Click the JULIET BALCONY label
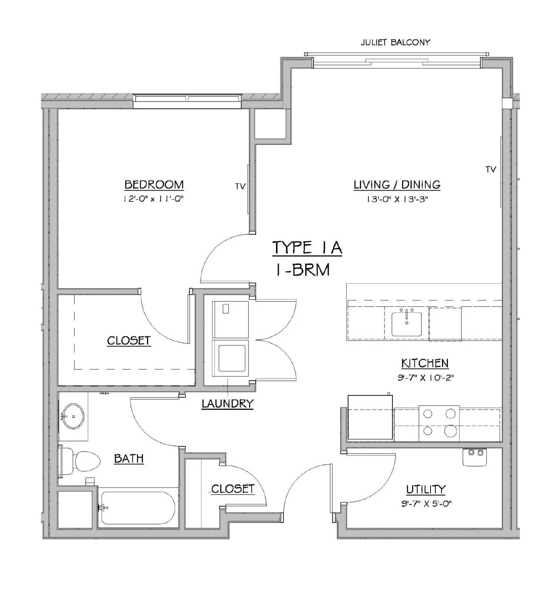point(395,42)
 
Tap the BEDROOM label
point(154,184)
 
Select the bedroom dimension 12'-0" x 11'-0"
point(153,199)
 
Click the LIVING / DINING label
point(397,184)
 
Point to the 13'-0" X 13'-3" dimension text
point(397,199)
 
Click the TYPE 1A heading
point(307,247)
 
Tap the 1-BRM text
point(303,270)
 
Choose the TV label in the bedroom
point(240,187)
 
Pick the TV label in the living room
point(491,170)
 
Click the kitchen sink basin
point(407,324)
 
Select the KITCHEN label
point(425,363)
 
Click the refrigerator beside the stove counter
point(370,417)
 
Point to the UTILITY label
point(426,489)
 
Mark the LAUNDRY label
point(227,403)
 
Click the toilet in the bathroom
point(80,461)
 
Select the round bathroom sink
point(73,416)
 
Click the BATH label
point(129,458)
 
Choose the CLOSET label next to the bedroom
point(129,340)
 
